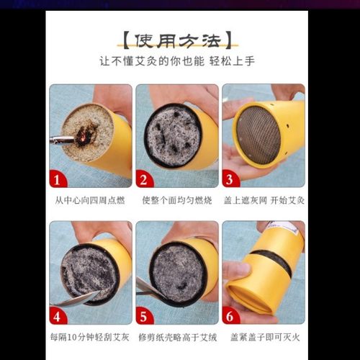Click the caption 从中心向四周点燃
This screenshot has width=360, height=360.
90,199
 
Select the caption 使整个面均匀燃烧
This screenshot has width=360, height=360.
176,199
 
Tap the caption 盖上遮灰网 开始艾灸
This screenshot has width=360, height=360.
263,199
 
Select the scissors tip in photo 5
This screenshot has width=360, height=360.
145,289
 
